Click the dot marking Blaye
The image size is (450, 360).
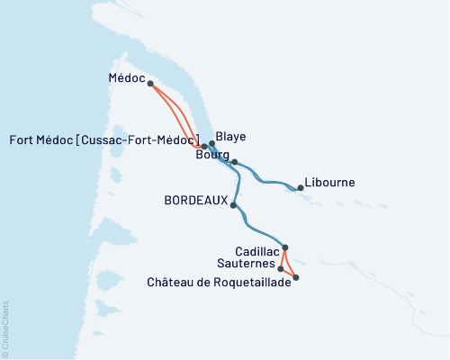click(x=212, y=143)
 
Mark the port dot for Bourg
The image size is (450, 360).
click(x=234, y=162)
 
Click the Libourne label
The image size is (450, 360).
click(x=330, y=182)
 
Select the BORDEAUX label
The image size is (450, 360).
click(x=194, y=202)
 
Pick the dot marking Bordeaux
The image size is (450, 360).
click(x=233, y=205)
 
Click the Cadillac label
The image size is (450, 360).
click(x=256, y=253)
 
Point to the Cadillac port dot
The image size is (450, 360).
click(x=285, y=247)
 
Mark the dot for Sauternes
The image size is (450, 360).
click(x=282, y=268)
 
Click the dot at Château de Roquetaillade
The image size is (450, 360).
click(x=296, y=278)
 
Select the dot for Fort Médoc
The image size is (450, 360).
click(x=204, y=146)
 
